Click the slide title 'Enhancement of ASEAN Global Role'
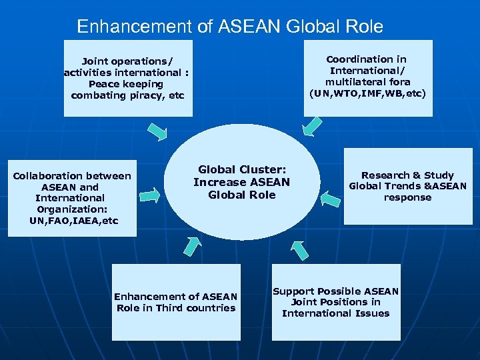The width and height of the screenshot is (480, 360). click(230, 27)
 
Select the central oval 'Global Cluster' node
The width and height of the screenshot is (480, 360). click(241, 182)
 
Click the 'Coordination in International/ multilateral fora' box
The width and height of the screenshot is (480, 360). click(368, 77)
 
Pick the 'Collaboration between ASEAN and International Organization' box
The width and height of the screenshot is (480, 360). click(73, 198)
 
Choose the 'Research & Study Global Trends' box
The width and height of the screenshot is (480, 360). click(407, 186)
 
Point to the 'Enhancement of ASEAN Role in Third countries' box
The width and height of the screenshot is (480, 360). click(176, 302)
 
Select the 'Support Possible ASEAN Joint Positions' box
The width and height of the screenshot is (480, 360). click(336, 302)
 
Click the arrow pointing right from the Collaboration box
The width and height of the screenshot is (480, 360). click(151, 195)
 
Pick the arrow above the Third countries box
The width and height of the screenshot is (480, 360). click(191, 245)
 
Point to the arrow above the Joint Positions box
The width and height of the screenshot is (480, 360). click(299, 249)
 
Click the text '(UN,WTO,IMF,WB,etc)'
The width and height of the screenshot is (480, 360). click(367, 93)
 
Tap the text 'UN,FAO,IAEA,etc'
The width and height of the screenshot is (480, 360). click(74, 221)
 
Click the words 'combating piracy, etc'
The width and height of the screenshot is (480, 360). click(127, 95)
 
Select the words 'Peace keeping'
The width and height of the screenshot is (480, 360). click(126, 84)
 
